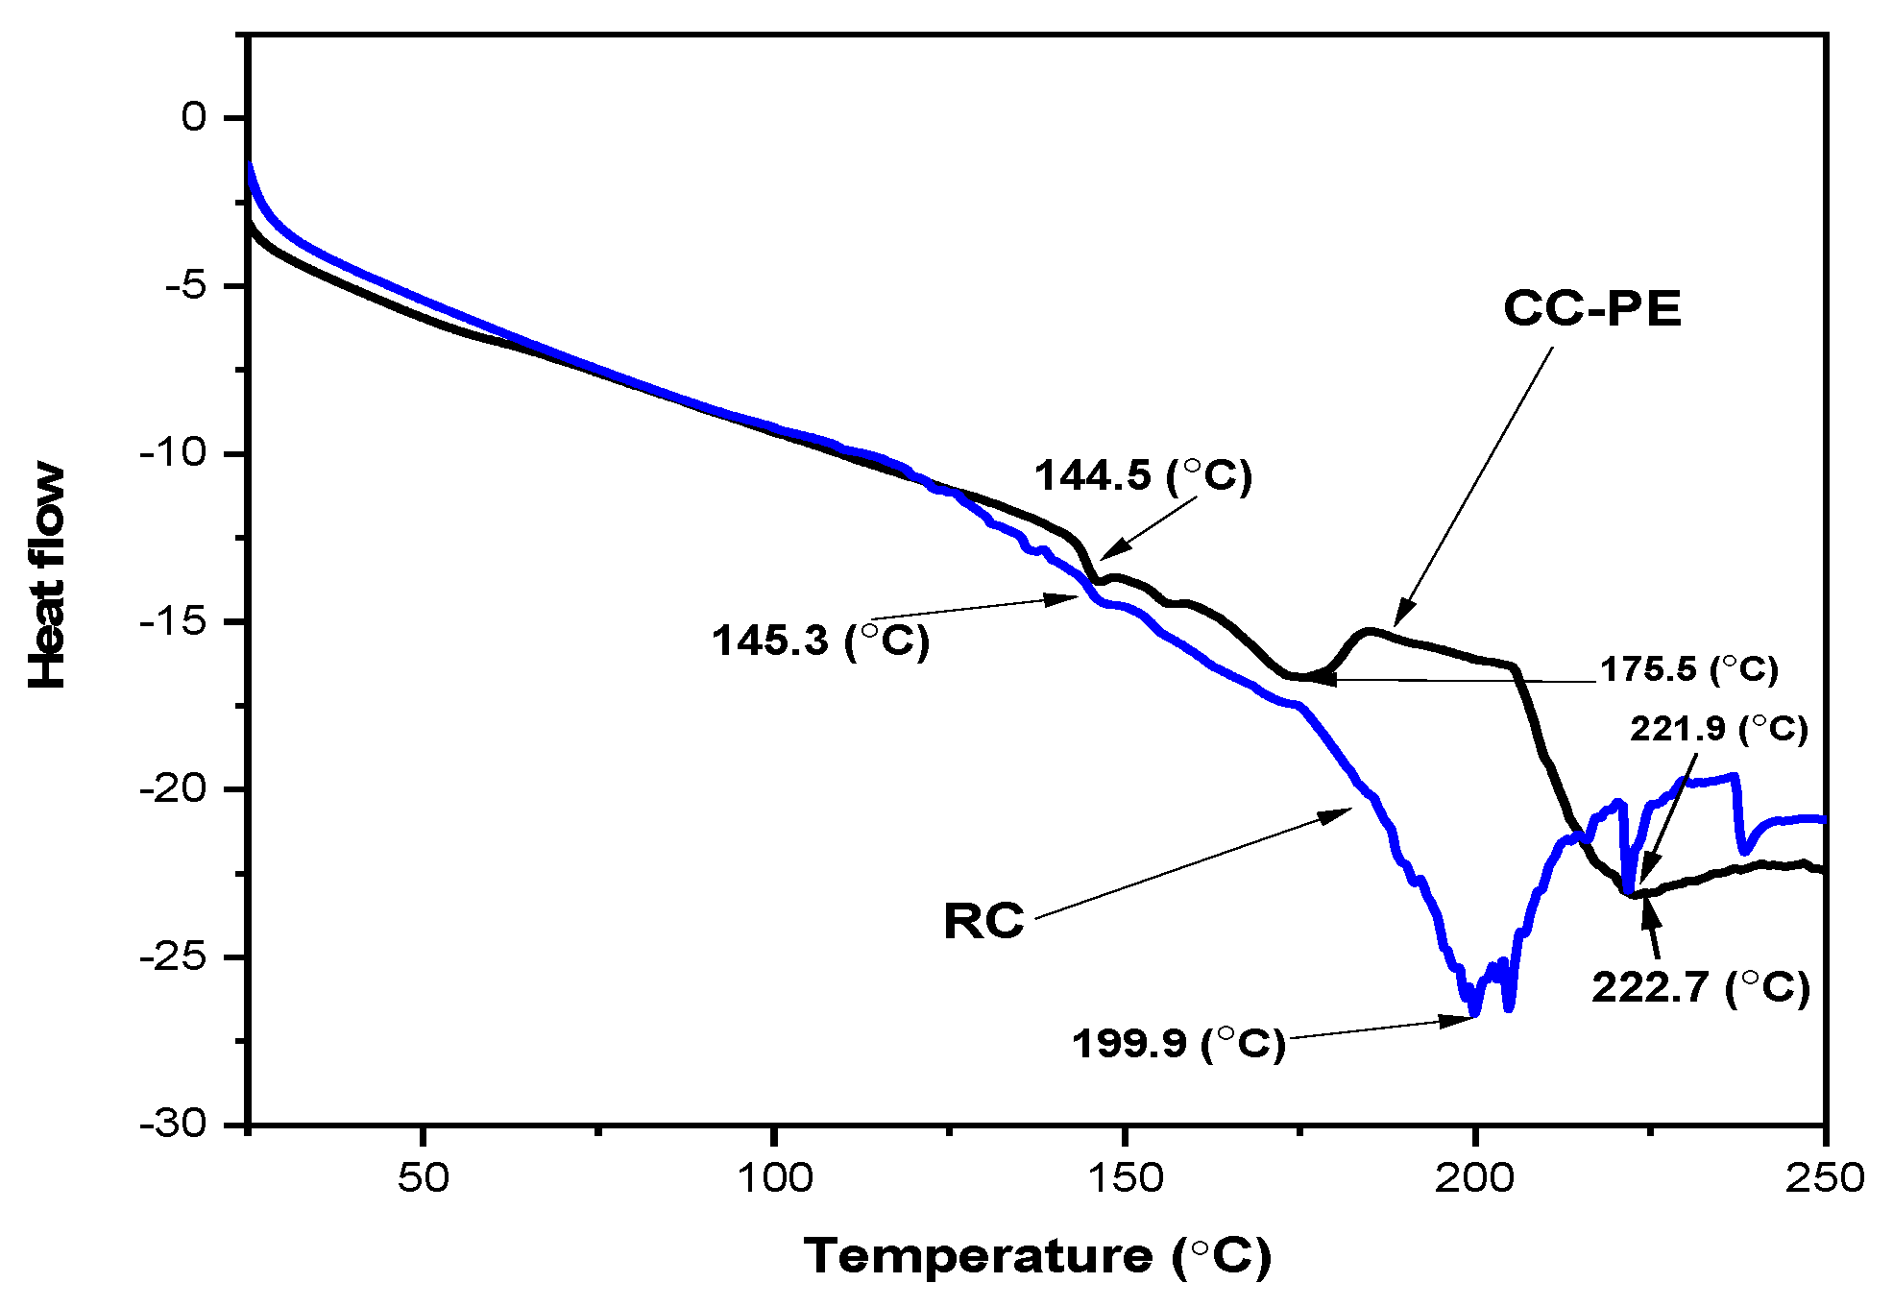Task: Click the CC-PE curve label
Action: pyautogui.click(x=1591, y=309)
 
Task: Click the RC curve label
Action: pyautogui.click(x=983, y=921)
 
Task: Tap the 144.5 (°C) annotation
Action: pyautogui.click(x=1143, y=475)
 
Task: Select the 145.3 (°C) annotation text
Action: pyautogui.click(x=820, y=641)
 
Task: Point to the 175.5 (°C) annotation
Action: pyautogui.click(x=1688, y=669)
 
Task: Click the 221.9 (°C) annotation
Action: pyautogui.click(x=1718, y=729)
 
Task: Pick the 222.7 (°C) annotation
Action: pyautogui.click(x=1701, y=987)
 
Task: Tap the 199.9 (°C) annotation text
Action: pyautogui.click(x=1177, y=1043)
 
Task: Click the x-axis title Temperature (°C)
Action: pyautogui.click(x=1037, y=1256)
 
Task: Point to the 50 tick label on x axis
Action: pyautogui.click(x=423, y=1177)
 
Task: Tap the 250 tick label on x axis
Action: pyautogui.click(x=1824, y=1177)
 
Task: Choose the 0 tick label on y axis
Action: pyautogui.click(x=194, y=117)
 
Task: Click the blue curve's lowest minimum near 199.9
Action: pyautogui.click(x=1474, y=1012)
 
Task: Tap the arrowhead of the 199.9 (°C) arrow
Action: pyautogui.click(x=1464, y=1020)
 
